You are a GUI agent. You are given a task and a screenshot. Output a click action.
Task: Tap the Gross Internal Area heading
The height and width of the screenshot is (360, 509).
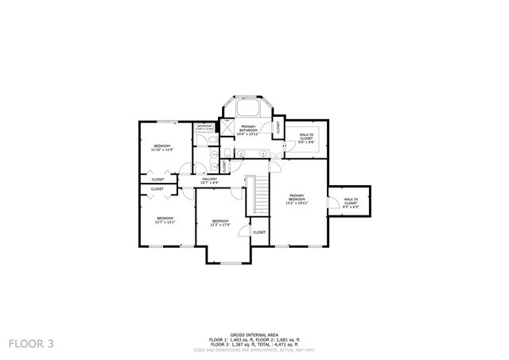click(x=254, y=335)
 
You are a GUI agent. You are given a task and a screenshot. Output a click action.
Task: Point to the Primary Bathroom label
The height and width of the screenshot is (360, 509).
click(x=249, y=130)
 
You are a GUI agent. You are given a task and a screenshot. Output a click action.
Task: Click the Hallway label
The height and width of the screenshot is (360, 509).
click(x=209, y=180)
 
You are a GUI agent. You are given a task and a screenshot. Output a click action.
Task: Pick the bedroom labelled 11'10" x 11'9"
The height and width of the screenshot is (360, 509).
click(x=162, y=149)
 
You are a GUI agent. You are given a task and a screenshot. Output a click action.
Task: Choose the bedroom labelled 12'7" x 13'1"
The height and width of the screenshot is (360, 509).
click(x=165, y=219)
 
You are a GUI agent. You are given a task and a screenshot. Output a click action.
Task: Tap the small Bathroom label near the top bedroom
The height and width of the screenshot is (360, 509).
click(x=205, y=127)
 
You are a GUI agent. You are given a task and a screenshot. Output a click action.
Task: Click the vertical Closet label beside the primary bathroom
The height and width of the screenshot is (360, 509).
click(x=278, y=127)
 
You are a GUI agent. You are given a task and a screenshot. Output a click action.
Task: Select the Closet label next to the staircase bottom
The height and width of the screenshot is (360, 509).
click(x=259, y=232)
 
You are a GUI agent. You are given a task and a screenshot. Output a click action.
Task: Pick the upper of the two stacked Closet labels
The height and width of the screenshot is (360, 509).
click(x=157, y=180)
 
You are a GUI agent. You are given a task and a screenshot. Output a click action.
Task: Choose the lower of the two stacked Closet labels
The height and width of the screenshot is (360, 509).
click(x=157, y=189)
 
